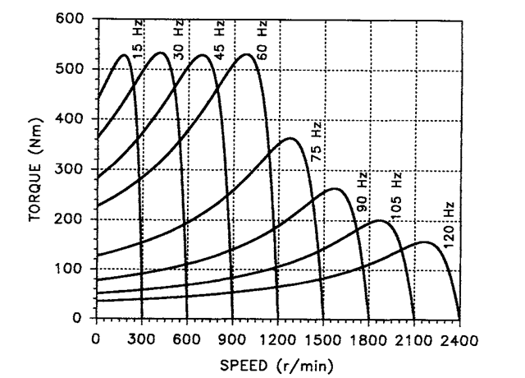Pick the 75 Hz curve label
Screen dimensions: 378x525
click(x=317, y=141)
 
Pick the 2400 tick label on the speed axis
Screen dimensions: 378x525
click(x=459, y=336)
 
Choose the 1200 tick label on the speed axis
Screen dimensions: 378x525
click(x=277, y=336)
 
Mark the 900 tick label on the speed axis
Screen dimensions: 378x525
click(x=232, y=336)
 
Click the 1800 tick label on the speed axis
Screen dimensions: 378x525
click(x=368, y=336)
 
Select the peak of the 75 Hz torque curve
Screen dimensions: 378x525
click(x=290, y=138)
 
